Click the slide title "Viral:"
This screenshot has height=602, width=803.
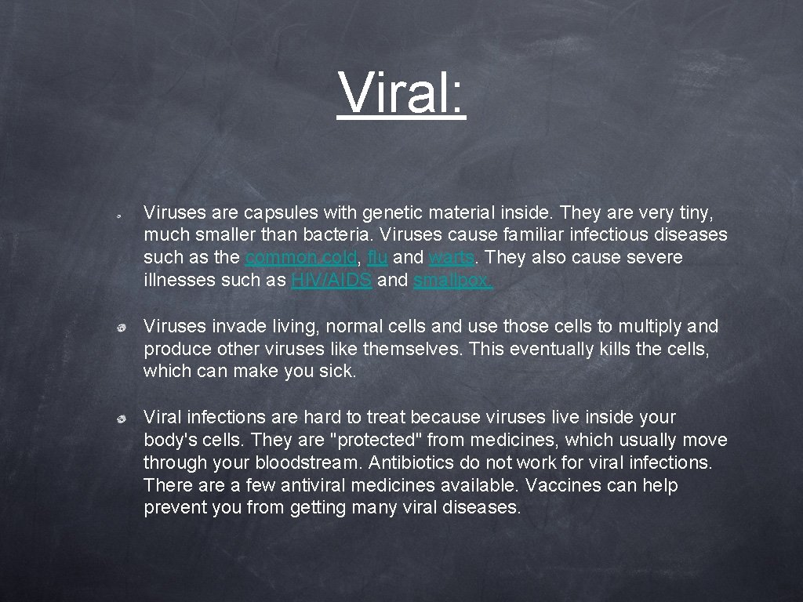pos(401,92)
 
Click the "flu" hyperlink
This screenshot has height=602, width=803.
pos(376,258)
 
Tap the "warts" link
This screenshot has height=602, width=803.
pos(452,258)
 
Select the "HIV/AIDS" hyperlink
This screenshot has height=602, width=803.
pos(331,281)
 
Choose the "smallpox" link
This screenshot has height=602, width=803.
pos(452,281)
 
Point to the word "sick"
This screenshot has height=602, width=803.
pos(339,372)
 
